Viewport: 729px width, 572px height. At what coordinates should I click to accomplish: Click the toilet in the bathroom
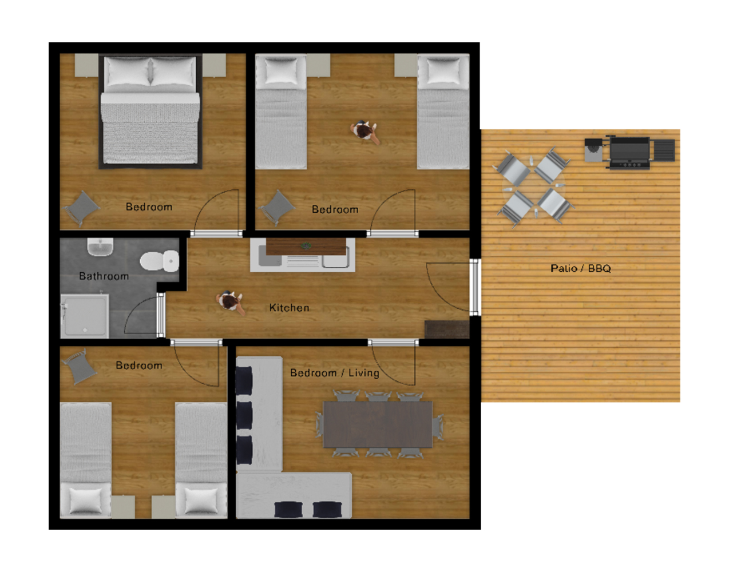[x=159, y=260]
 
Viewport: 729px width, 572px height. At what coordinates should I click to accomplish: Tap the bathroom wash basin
[x=100, y=247]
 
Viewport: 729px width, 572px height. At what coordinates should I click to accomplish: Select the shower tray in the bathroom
[x=85, y=316]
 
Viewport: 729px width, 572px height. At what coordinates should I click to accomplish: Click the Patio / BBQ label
[x=581, y=268]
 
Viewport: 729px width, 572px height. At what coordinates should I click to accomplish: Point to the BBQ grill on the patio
[x=629, y=153]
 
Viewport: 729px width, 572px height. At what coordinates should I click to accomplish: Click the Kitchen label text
[x=289, y=308]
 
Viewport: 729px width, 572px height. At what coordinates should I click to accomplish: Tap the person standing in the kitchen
[x=230, y=302]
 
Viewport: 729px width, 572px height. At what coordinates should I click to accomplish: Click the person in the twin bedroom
[x=364, y=132]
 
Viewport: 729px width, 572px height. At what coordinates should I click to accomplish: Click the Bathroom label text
[x=104, y=276]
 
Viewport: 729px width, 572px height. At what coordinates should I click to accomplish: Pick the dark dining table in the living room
[x=378, y=424]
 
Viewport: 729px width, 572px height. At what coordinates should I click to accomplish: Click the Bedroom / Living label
[x=335, y=372]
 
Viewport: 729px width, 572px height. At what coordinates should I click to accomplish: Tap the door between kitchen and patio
[x=475, y=287]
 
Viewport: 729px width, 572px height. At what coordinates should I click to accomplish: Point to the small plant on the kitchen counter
[x=306, y=246]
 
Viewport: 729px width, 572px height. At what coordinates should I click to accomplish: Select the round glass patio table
[x=533, y=186]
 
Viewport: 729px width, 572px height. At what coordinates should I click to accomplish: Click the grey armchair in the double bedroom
[x=81, y=208]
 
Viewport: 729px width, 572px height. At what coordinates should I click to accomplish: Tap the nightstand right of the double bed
[x=213, y=65]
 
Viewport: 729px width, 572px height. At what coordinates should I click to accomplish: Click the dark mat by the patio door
[x=446, y=329]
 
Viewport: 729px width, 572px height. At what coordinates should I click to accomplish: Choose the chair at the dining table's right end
[x=438, y=427]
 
